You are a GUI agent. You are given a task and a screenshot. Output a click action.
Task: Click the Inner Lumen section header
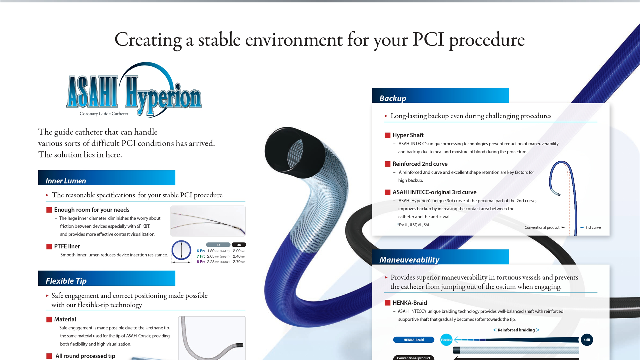click(x=107, y=178)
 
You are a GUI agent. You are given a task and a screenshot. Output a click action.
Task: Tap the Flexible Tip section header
click(x=107, y=278)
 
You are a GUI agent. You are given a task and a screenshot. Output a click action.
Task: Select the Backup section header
click(x=440, y=95)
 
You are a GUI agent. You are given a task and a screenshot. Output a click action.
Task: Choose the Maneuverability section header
click(x=440, y=257)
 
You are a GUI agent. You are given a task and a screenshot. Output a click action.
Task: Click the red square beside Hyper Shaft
click(x=387, y=135)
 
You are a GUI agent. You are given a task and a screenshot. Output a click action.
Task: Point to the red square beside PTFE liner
click(x=49, y=246)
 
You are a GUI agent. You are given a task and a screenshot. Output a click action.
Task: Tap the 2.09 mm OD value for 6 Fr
click(x=239, y=251)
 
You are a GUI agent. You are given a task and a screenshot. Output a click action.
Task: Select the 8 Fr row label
click(x=201, y=262)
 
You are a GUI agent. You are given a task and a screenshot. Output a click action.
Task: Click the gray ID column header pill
click(x=218, y=245)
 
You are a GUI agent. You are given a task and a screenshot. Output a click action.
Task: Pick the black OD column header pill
click(x=239, y=245)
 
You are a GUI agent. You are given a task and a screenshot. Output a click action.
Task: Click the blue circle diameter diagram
click(x=181, y=250)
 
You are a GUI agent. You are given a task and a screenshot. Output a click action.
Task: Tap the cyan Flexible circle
click(x=446, y=340)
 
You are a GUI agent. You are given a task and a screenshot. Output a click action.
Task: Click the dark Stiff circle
click(x=587, y=340)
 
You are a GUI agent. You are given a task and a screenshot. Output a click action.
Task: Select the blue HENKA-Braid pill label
click(x=414, y=340)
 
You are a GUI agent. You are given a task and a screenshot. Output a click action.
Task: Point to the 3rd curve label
click(x=593, y=228)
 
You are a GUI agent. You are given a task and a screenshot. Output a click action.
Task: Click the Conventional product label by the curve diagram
click(x=542, y=228)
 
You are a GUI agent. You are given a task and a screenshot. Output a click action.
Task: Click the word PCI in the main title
click(x=428, y=40)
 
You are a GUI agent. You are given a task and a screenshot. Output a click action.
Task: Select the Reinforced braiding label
click(x=516, y=330)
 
